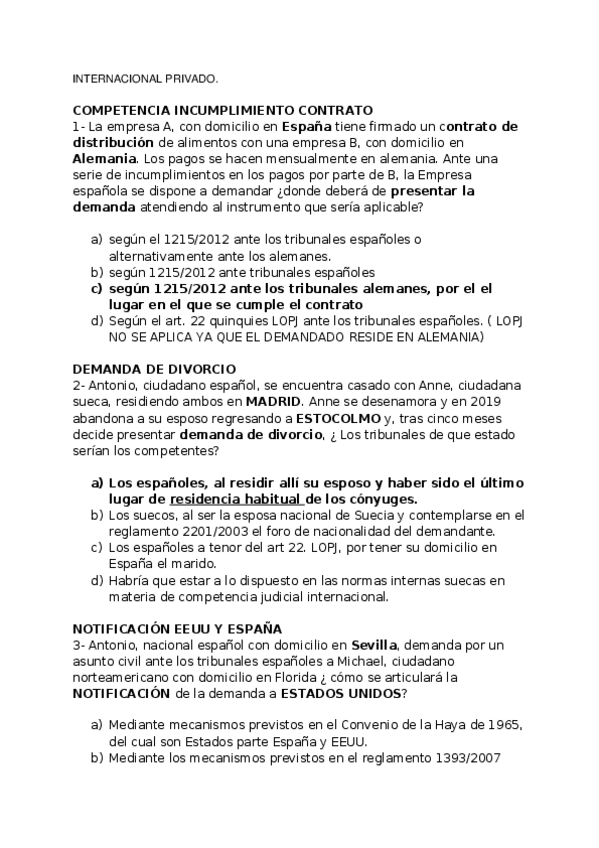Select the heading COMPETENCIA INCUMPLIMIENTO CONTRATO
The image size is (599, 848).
[222, 110]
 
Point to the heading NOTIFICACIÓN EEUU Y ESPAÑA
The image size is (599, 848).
[177, 628]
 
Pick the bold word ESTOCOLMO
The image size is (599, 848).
[336, 417]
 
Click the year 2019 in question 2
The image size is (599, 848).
[496, 400]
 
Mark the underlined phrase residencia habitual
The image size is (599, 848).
[236, 498]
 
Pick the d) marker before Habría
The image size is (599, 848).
[96, 580]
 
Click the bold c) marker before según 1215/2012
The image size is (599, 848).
[96, 288]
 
